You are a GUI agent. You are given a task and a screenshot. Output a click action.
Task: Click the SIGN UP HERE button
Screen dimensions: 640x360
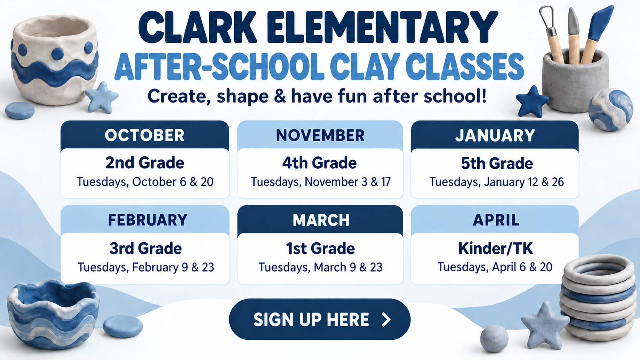coord(320,319)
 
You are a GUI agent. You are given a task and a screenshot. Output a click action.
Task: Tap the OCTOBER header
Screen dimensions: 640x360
coord(145,135)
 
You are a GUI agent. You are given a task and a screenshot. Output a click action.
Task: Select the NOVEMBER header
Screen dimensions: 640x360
coord(320,135)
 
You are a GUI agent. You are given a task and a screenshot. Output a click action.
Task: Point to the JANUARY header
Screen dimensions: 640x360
coord(495,135)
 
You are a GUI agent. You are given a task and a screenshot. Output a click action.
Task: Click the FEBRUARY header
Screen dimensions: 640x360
coord(147,220)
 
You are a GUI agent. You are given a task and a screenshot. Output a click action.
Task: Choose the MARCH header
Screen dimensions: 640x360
coord(320,220)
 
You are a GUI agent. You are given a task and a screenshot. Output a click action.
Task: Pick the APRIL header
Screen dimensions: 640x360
coord(496,220)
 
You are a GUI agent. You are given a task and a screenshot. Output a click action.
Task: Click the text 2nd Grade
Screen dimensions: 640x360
coord(145,163)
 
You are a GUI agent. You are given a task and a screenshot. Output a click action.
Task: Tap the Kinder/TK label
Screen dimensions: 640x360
coord(496,248)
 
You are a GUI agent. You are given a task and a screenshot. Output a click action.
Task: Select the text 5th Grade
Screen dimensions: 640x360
coord(497,163)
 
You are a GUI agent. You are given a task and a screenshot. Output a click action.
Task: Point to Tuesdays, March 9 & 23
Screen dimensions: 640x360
coord(320,267)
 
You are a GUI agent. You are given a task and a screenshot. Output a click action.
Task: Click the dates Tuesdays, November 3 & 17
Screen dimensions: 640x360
coord(320,182)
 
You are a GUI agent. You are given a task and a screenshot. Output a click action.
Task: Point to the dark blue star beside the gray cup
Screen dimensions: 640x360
coord(532,102)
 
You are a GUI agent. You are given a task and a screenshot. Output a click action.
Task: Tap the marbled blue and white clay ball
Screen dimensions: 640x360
coord(610,110)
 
